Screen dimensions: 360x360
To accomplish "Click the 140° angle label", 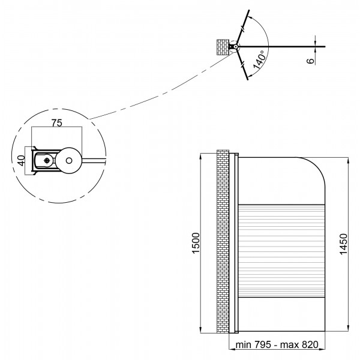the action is (x=260, y=60).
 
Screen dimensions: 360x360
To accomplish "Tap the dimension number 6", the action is (x=310, y=61).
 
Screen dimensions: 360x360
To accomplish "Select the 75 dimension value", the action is (x=56, y=123).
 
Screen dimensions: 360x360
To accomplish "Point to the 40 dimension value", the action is (x=21, y=160).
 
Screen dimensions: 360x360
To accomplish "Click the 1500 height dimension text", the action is (x=196, y=243).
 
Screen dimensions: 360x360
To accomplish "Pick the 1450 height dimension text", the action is (x=343, y=244).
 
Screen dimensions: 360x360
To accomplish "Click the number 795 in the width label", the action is (x=263, y=344).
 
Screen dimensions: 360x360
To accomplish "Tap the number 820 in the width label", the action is (x=310, y=344).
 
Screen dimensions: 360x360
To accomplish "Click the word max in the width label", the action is (x=290, y=345).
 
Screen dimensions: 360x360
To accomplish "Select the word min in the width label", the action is (x=244, y=345).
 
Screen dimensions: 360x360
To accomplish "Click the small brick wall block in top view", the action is (x=223, y=47).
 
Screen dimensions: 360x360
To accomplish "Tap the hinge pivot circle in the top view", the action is (x=235, y=47).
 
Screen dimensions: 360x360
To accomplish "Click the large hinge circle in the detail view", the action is (x=68, y=160).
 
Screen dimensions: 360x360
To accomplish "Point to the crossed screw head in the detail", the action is (x=47, y=160).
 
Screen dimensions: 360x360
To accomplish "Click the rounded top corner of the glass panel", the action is (x=317, y=166).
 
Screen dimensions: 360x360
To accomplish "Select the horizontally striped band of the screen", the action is (x=282, y=251).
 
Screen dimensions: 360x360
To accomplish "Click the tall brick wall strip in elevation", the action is (x=223, y=241).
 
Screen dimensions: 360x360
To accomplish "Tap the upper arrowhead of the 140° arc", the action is (x=251, y=17).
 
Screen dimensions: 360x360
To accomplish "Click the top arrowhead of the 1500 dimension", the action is (x=200, y=157).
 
